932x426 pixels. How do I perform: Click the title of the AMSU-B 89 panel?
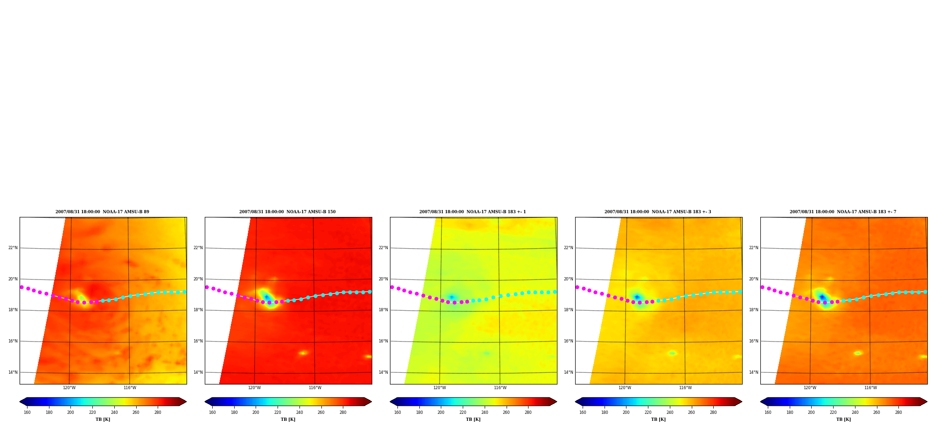[x=102, y=212]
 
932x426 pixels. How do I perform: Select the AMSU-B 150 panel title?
[x=287, y=212]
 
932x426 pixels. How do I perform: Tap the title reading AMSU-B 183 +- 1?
[x=473, y=212]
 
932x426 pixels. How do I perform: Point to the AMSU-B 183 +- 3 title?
[x=658, y=212]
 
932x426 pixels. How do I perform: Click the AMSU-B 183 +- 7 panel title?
[x=843, y=212]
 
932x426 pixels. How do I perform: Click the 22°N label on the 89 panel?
[x=13, y=248]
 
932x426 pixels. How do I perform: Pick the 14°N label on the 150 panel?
[x=198, y=372]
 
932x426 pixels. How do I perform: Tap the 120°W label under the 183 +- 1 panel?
[x=439, y=388]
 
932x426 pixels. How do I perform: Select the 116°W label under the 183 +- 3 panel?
[x=685, y=388]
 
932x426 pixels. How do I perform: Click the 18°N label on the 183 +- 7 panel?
[x=754, y=310]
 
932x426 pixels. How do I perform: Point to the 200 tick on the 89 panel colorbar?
[x=70, y=412]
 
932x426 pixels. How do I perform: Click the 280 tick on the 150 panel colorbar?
[x=343, y=412]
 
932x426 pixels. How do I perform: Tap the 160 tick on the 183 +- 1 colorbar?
[x=397, y=412]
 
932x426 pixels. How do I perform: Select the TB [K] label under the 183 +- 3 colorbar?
[x=658, y=419]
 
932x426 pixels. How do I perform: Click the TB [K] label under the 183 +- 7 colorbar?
[x=843, y=419]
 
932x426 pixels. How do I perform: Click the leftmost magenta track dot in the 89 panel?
[x=21, y=287]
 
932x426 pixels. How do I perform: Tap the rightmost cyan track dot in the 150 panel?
[x=369, y=292]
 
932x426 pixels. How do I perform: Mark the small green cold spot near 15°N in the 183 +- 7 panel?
[x=857, y=353]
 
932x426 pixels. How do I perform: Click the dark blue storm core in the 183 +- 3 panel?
[x=637, y=297]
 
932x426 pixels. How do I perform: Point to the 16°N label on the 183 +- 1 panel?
[x=383, y=341]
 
